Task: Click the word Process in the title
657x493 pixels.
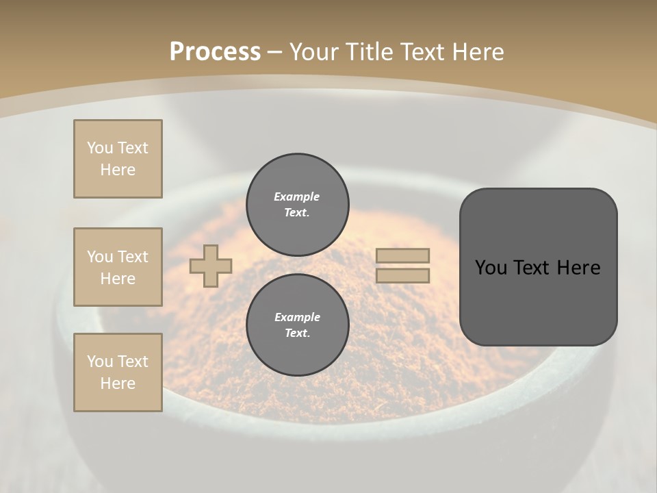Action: [215, 52]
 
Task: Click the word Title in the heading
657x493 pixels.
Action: [366, 52]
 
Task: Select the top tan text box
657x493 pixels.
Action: [118, 159]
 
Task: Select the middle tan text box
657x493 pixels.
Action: [118, 267]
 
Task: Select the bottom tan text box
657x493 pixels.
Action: [118, 372]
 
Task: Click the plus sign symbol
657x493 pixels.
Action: [211, 266]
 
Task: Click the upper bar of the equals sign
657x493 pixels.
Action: [403, 255]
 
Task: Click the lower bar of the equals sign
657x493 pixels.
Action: [403, 275]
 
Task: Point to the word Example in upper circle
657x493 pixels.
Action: [296, 197]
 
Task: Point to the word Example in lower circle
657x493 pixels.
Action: [297, 317]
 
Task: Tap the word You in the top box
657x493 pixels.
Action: [99, 148]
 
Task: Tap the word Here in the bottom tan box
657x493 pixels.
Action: [118, 383]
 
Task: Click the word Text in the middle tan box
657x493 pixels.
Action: [132, 257]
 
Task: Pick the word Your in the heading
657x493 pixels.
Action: [312, 52]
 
